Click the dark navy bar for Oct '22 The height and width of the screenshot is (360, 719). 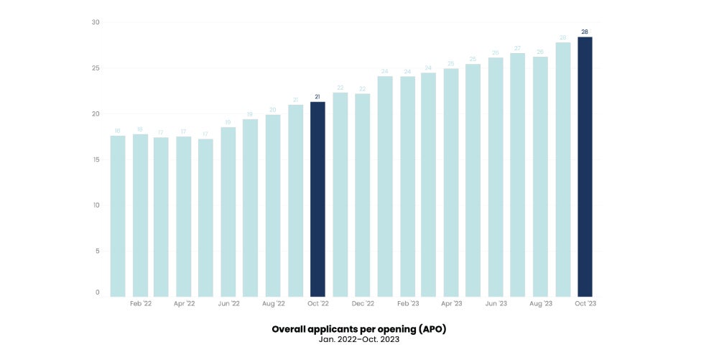(317, 199)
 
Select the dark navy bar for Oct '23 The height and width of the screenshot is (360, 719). (585, 167)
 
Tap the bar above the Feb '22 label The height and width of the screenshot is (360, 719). (140, 216)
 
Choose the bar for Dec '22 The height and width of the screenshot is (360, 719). (362, 195)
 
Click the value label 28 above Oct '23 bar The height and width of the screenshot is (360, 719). (585, 32)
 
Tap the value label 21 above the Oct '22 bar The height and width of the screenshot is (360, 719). (317, 96)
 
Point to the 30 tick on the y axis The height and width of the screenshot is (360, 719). (96, 23)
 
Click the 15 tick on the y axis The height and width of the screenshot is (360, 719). (96, 160)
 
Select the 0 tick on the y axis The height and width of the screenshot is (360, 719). (97, 292)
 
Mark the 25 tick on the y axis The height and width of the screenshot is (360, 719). (96, 68)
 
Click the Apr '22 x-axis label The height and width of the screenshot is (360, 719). (184, 304)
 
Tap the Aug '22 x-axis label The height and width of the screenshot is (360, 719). (273, 304)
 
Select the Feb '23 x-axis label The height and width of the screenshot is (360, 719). (407, 304)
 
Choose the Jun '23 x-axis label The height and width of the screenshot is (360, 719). (496, 304)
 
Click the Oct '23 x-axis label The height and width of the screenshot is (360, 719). (585, 304)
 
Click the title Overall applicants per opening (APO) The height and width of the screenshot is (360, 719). (359, 328)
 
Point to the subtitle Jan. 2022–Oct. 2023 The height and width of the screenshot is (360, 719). (359, 339)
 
